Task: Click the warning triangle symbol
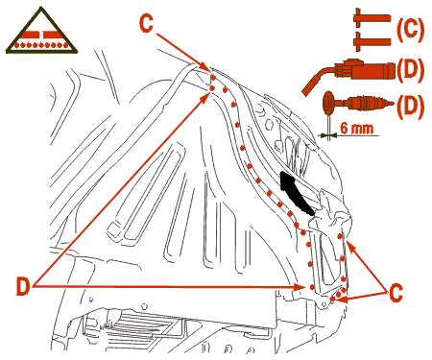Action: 41,31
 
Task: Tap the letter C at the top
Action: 146,23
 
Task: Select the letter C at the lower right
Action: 396,292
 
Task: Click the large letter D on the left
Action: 23,286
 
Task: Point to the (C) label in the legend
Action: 410,30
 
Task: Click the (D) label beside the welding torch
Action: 410,69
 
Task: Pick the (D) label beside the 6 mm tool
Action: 410,106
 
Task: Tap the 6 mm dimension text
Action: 357,128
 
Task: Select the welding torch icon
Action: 348,73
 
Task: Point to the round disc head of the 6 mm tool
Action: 328,103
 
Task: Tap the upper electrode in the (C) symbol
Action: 372,17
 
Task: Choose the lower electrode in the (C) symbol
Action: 372,41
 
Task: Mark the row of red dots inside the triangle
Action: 41,45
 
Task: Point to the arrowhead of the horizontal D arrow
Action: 300,287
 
